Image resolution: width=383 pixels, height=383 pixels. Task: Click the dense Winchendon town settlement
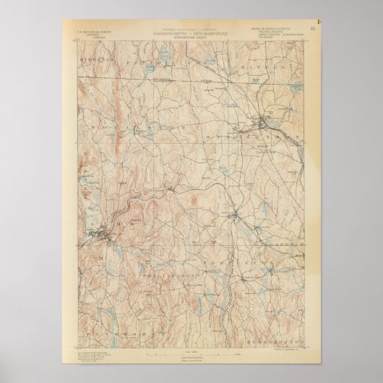tap(265, 114)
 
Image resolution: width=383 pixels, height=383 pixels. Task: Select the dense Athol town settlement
tap(108, 232)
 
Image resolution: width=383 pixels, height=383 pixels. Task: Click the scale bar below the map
tap(191, 351)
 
